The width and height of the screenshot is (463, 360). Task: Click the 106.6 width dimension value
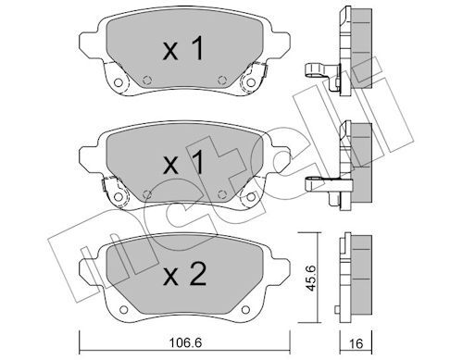click(185, 342)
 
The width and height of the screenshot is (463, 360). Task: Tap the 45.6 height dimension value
click(311, 278)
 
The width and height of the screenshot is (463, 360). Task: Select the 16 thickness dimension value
click(357, 343)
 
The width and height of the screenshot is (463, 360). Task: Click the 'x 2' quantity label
click(184, 274)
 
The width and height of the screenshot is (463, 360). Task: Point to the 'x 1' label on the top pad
click(183, 48)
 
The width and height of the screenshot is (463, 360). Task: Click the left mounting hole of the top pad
click(118, 82)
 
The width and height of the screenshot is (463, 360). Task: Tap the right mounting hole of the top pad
click(251, 82)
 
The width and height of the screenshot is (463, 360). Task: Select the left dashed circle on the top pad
click(147, 80)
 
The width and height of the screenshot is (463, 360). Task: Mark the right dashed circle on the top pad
click(222, 80)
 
